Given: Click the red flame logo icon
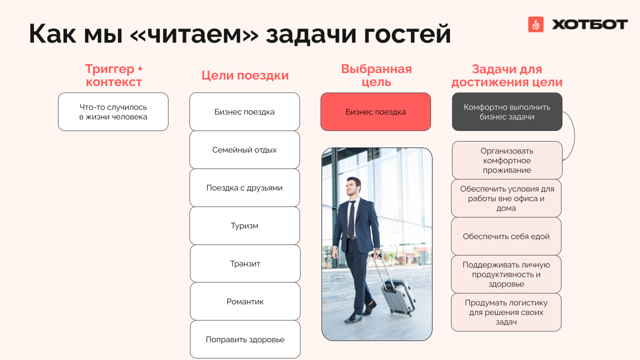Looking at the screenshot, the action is (535, 24).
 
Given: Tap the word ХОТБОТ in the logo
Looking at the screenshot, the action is (589, 24).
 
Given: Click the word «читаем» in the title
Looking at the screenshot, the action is (194, 33).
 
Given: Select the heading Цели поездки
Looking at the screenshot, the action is (245, 75).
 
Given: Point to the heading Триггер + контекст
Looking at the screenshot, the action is (113, 75).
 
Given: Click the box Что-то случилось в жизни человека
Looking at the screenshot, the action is (113, 111).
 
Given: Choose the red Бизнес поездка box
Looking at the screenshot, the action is (375, 111).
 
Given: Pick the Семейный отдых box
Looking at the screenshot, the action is (244, 149).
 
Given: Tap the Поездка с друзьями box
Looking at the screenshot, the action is (244, 187).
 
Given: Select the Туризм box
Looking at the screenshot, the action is (244, 225).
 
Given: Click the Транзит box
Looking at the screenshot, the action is (245, 263).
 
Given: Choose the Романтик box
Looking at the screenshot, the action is (245, 301).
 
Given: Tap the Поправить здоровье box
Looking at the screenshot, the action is (245, 339).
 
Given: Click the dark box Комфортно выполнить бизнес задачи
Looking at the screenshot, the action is (507, 111).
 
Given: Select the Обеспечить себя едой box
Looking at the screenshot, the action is (506, 236).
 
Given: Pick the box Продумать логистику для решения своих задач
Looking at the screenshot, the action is (506, 312).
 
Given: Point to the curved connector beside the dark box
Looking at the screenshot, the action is (574, 135).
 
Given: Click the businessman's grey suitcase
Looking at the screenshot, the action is (398, 297).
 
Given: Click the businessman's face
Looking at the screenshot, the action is (352, 187).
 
